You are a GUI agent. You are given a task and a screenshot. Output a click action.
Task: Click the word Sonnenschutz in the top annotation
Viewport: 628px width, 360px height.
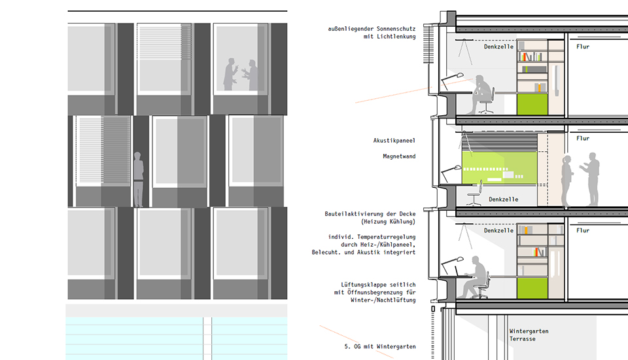396,29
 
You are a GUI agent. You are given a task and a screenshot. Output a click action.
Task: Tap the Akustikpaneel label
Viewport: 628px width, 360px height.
394,141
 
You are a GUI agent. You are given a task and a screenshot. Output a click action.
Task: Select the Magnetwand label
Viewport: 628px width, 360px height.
399,156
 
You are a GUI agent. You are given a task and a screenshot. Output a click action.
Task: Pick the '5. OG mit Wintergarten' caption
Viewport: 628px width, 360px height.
379,346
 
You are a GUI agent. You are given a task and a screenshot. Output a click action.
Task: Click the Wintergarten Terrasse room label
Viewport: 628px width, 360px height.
529,335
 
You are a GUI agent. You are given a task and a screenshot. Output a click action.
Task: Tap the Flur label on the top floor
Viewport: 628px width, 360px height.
583,46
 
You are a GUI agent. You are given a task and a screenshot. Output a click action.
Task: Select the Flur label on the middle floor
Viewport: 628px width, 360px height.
583,138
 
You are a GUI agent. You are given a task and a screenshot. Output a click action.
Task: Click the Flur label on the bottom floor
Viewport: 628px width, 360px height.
583,230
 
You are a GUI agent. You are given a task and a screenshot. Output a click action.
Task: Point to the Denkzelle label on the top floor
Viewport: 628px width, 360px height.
498,46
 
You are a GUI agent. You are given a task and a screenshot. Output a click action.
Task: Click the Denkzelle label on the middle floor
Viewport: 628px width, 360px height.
504,199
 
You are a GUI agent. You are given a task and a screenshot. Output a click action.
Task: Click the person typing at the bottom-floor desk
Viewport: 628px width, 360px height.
475,277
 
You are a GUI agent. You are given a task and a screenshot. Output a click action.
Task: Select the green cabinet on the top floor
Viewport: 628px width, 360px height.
532,104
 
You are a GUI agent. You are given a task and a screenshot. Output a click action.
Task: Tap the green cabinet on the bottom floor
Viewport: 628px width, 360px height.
532,288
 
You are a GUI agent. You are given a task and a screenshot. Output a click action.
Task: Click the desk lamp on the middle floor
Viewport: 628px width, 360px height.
451,173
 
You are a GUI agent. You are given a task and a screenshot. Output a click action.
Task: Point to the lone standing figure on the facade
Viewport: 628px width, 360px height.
138,179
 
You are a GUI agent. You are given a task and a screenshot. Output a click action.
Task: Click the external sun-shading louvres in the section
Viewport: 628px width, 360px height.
428,44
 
